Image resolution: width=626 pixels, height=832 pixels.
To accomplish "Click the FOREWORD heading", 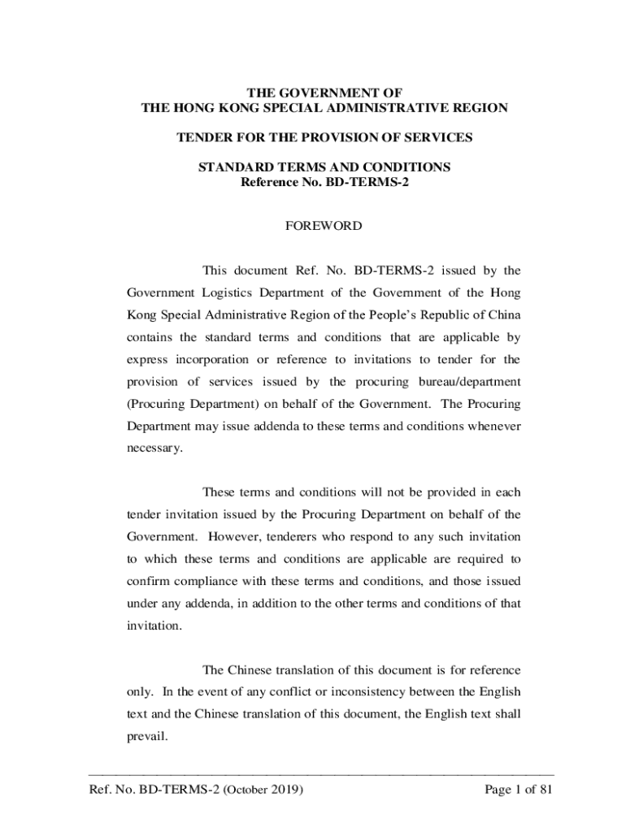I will click(324, 227).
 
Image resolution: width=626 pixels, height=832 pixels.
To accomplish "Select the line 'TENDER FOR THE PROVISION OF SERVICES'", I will click(324, 138).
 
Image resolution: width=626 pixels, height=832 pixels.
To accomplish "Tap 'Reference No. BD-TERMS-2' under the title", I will click(324, 182).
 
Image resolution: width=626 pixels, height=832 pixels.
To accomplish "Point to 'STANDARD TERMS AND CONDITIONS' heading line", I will click(324, 167).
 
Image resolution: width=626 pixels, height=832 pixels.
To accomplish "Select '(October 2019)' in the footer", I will click(263, 789).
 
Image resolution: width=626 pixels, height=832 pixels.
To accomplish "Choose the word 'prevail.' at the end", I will click(146, 737).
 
